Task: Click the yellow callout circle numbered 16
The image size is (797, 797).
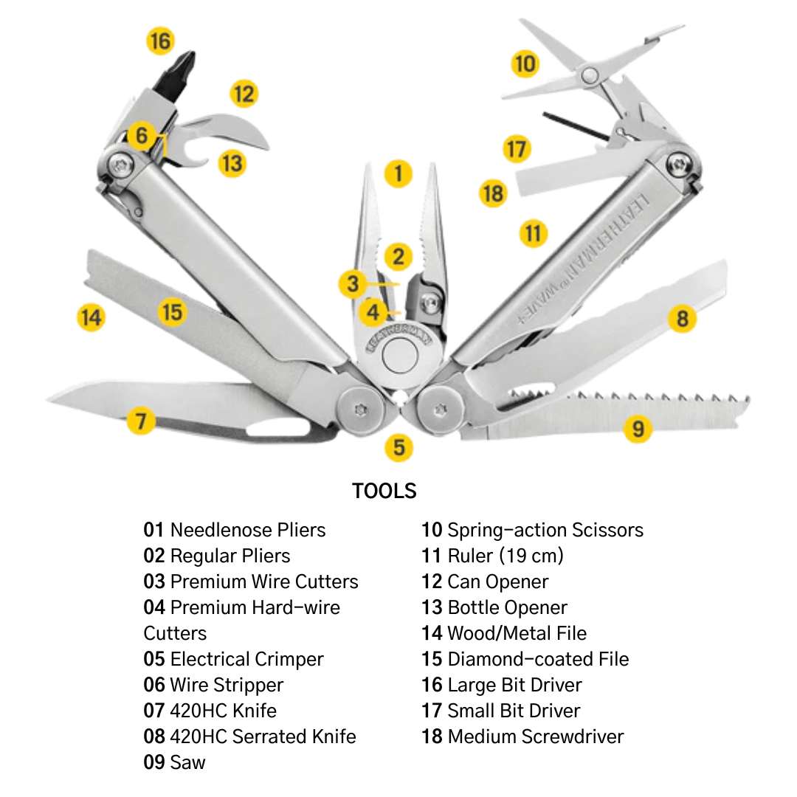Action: [160, 41]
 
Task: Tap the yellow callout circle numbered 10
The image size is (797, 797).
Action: [525, 64]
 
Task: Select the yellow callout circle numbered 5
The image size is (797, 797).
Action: [398, 447]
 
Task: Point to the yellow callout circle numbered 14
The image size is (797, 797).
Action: [91, 318]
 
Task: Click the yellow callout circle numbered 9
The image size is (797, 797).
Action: [638, 428]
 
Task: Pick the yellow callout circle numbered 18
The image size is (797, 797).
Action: [492, 193]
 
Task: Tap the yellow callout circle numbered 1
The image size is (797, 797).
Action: [398, 173]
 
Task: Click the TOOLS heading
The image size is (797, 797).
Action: [384, 491]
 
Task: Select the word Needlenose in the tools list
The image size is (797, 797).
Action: [210, 530]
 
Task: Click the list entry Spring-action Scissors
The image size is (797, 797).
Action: [545, 530]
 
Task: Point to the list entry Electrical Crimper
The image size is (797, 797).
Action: [246, 659]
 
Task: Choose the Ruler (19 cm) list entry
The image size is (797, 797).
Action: [505, 556]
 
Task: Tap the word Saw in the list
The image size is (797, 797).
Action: [187, 762]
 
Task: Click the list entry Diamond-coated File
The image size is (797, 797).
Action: [538, 659]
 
